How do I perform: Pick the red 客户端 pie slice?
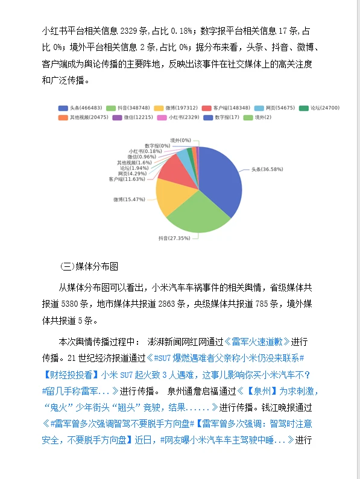[175, 168]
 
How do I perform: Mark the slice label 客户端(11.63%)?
[127, 179]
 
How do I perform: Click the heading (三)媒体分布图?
[90, 266]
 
